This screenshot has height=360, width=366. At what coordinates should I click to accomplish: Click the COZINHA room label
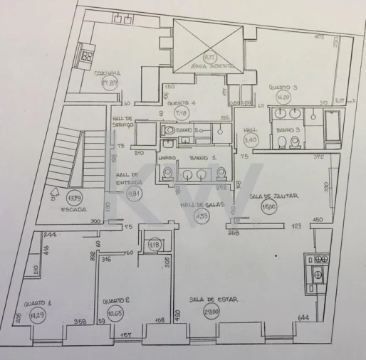108,73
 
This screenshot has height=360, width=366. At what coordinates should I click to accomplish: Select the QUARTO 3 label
283,88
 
